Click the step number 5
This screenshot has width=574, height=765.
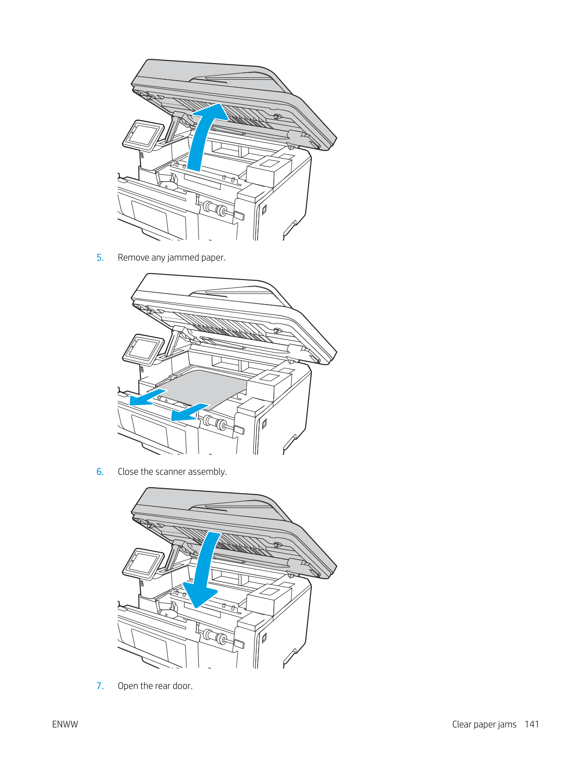click(100, 258)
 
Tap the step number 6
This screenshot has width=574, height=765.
click(100, 472)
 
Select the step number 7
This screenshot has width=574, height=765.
click(100, 686)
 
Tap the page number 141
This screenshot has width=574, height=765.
click(531, 724)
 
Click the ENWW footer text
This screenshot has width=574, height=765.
click(65, 724)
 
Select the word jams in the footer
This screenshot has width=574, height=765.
click(507, 725)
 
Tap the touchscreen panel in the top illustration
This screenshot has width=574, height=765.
click(143, 136)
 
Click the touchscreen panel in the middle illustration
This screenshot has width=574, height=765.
click(143, 350)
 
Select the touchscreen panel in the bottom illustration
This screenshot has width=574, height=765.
click(143, 564)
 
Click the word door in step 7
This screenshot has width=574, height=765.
click(183, 686)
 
